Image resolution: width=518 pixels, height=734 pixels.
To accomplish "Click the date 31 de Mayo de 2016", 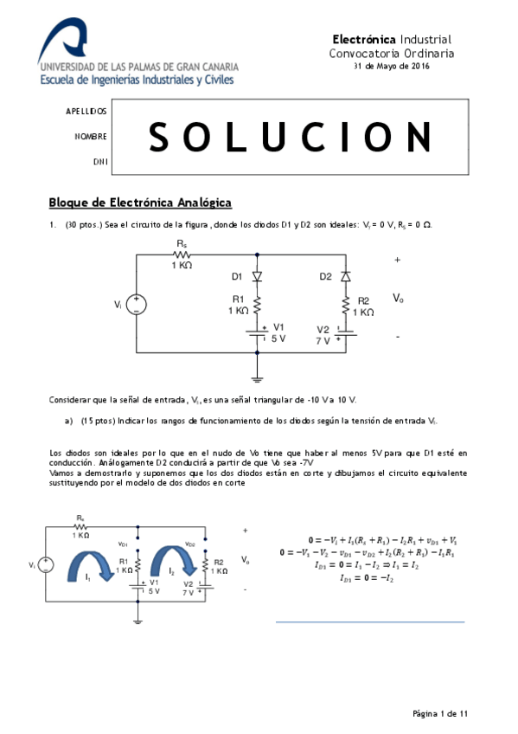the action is [x=392, y=67].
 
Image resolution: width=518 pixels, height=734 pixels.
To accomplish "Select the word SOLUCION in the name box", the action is [x=291, y=137].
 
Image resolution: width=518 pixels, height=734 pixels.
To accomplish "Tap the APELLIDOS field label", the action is [x=86, y=113].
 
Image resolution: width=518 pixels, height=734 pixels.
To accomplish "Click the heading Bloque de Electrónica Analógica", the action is [x=140, y=203].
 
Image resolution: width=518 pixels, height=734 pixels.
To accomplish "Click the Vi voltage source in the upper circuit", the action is [x=136, y=305].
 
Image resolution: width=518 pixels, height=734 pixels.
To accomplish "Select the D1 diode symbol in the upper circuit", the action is [x=257, y=277].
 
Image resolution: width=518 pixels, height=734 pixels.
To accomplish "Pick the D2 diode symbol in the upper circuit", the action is [x=345, y=277].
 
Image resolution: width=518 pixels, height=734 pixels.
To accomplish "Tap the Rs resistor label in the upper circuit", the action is [x=182, y=245].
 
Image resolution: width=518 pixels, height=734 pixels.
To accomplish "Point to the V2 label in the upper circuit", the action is [x=323, y=330].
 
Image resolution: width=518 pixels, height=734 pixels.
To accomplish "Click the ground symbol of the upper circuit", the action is [x=257, y=377].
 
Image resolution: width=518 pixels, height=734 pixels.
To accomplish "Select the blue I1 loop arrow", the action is [x=96, y=565].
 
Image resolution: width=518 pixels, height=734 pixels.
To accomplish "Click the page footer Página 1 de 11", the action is [x=440, y=714].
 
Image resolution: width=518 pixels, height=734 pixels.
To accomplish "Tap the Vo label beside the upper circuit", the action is [x=398, y=298].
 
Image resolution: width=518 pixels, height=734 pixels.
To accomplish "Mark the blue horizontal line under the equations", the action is [x=369, y=621].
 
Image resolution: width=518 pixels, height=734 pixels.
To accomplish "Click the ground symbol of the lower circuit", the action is [x=137, y=618].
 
